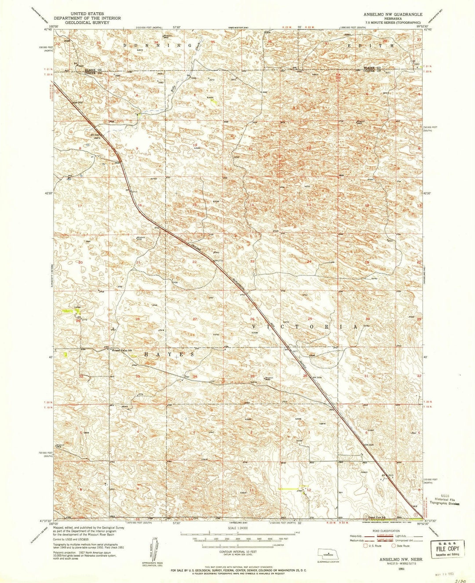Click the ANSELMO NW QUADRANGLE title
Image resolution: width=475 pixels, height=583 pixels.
click(393, 14)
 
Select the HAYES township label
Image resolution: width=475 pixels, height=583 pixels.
click(170, 354)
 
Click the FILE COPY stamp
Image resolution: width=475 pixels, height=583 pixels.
click(447, 548)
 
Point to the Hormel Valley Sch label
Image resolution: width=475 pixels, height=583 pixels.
click(121, 350)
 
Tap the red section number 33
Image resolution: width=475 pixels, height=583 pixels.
click(138, 376)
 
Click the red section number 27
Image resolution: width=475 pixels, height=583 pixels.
click(194, 319)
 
